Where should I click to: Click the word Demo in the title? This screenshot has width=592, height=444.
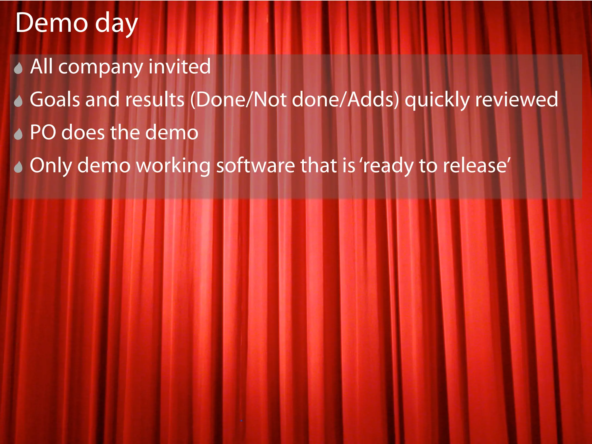coord(52,23)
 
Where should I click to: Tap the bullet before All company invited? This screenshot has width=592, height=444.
coord(18,69)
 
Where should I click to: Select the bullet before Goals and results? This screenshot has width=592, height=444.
coord(18,101)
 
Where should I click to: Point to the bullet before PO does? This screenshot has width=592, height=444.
coord(18,134)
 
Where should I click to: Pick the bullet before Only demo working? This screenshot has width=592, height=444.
coord(18,167)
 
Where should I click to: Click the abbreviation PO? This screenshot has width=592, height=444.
coord(43,132)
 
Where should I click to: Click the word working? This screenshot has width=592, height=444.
coord(173,166)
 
